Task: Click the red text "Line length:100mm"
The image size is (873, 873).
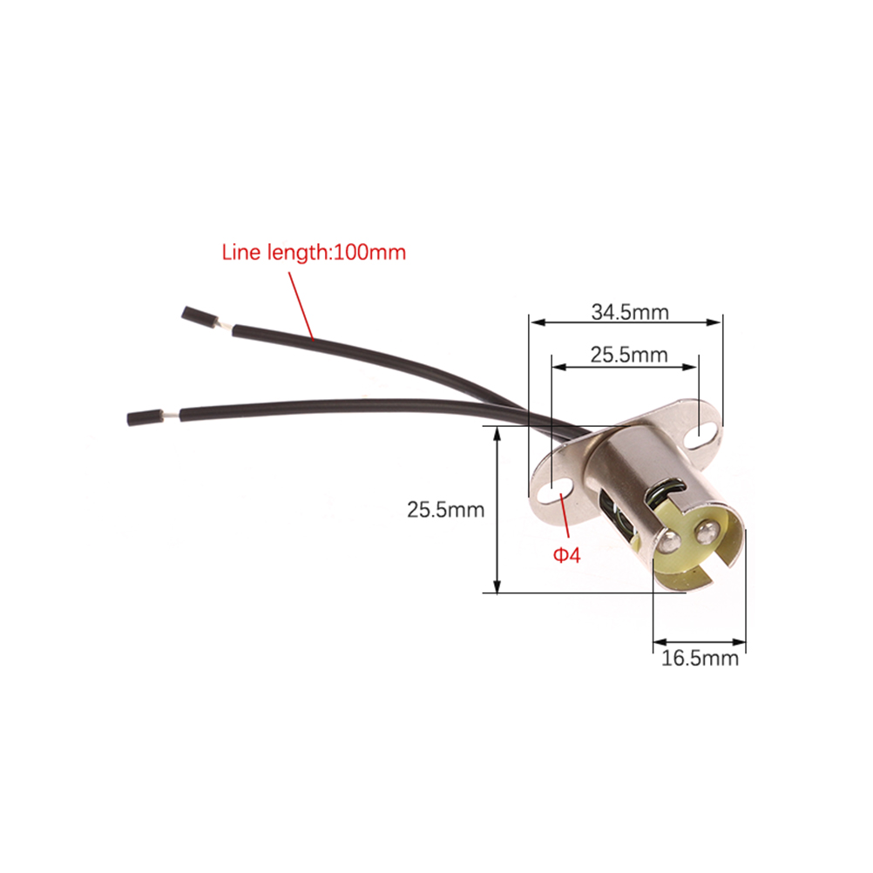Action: point(314,252)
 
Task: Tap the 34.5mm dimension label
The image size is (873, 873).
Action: point(630,312)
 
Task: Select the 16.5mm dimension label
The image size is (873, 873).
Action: point(700,658)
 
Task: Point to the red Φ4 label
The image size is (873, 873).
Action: point(567,555)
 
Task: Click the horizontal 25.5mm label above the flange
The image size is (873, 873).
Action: point(628,355)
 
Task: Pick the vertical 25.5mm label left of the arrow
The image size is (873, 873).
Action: point(445,510)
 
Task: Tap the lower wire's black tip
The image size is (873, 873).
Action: point(145,417)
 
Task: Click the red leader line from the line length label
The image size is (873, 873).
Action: point(301,306)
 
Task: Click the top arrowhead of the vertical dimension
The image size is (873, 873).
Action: point(497,436)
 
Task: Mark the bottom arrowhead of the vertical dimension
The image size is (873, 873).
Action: point(497,585)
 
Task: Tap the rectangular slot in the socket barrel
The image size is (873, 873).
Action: point(616,511)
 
